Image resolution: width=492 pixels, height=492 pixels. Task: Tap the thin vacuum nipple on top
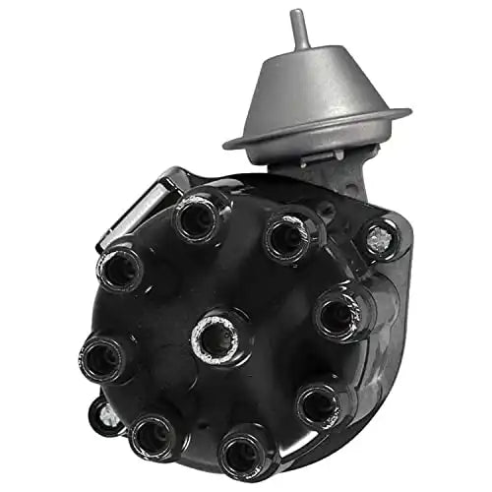coord(298,30)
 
